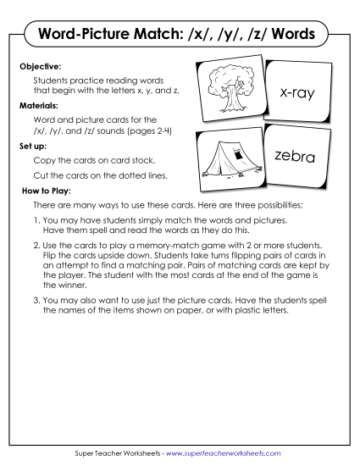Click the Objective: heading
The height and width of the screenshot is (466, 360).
click(x=42, y=64)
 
